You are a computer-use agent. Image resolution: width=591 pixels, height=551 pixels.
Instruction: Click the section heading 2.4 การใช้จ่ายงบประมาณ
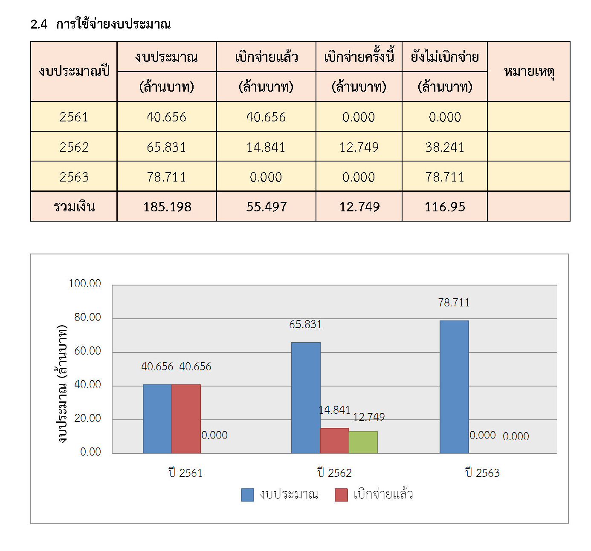pyautogui.click(x=101, y=24)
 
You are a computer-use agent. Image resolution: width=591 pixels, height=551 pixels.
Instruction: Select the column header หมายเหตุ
pyautogui.click(x=529, y=71)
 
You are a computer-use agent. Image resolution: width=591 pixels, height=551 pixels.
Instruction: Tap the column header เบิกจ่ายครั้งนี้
pyautogui.click(x=359, y=57)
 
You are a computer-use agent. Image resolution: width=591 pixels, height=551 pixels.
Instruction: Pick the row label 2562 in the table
pyautogui.click(x=74, y=147)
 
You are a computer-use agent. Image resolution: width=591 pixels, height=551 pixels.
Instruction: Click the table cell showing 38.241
pyautogui.click(x=444, y=147)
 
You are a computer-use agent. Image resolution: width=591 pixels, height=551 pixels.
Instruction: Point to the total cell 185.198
pyautogui.click(x=167, y=207)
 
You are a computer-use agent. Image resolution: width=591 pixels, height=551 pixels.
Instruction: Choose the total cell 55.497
pyautogui.click(x=266, y=207)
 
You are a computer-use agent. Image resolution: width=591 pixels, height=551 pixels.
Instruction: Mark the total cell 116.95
pyautogui.click(x=444, y=207)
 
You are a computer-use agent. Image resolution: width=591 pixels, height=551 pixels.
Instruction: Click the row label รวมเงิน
pyautogui.click(x=74, y=207)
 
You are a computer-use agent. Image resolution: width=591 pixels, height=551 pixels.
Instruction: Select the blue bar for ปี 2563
pyautogui.click(x=454, y=387)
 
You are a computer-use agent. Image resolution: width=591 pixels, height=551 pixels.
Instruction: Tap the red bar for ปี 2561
pyautogui.click(x=186, y=419)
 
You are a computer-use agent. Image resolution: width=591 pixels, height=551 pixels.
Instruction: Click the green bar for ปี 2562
pyautogui.click(x=363, y=442)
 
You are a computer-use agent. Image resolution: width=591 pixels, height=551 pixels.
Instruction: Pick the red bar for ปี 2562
pyautogui.click(x=334, y=441)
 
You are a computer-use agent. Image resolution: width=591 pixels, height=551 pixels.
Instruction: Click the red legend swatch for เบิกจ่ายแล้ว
pyautogui.click(x=341, y=495)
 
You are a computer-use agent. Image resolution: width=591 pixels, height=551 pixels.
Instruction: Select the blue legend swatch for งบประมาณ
pyautogui.click(x=247, y=495)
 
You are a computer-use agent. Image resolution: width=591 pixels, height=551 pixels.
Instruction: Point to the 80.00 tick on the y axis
pyautogui.click(x=87, y=317)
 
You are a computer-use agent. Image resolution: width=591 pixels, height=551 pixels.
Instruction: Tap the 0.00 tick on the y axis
pyautogui.click(x=90, y=452)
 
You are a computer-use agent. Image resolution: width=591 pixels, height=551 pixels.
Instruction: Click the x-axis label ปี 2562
pyautogui.click(x=334, y=473)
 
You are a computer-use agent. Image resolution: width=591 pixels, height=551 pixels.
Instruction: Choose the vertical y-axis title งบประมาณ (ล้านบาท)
pyautogui.click(x=62, y=384)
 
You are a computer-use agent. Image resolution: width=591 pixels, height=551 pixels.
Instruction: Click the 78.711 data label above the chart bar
pyautogui.click(x=454, y=303)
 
